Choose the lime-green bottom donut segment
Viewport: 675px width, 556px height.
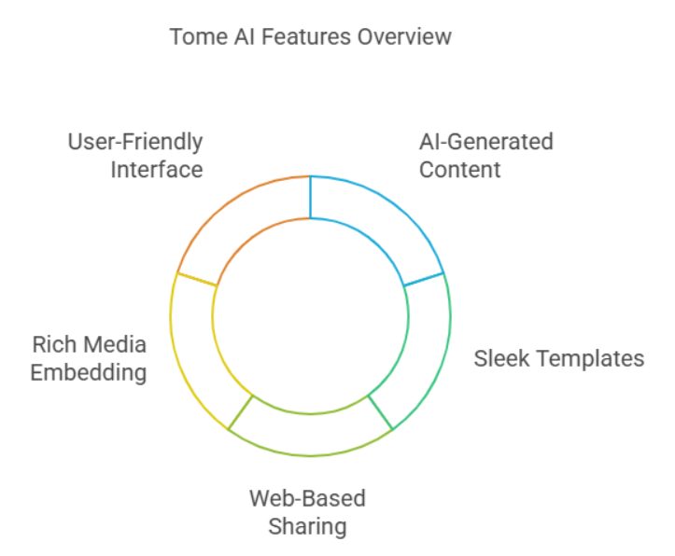pos(310,433)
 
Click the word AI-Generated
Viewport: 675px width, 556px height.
pos(485,142)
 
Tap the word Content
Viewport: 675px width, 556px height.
pos(459,169)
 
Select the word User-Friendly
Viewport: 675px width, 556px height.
pos(135,142)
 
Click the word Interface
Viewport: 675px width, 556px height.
pos(156,169)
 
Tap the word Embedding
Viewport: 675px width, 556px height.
pos(89,372)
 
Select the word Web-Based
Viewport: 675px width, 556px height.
pos(307,498)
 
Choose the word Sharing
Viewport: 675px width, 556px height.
pos(307,525)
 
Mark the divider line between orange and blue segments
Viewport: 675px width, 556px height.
pos(310,197)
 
